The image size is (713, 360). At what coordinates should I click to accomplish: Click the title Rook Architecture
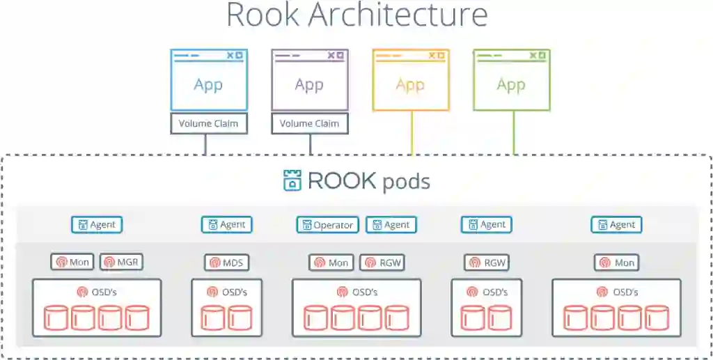356,15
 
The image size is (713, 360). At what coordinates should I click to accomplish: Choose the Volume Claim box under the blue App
209,124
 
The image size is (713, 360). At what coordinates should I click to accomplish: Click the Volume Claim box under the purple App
309,124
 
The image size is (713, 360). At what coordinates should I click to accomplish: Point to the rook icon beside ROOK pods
292,180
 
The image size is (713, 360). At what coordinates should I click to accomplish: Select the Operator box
327,225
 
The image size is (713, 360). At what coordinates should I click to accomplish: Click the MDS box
226,263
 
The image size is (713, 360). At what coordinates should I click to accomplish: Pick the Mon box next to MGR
72,263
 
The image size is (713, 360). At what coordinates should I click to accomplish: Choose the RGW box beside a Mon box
382,263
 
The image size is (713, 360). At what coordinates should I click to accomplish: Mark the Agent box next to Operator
391,225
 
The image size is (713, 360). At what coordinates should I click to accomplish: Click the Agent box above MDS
226,225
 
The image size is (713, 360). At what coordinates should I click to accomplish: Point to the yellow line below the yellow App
412,132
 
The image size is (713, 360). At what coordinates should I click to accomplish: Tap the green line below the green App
514,132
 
